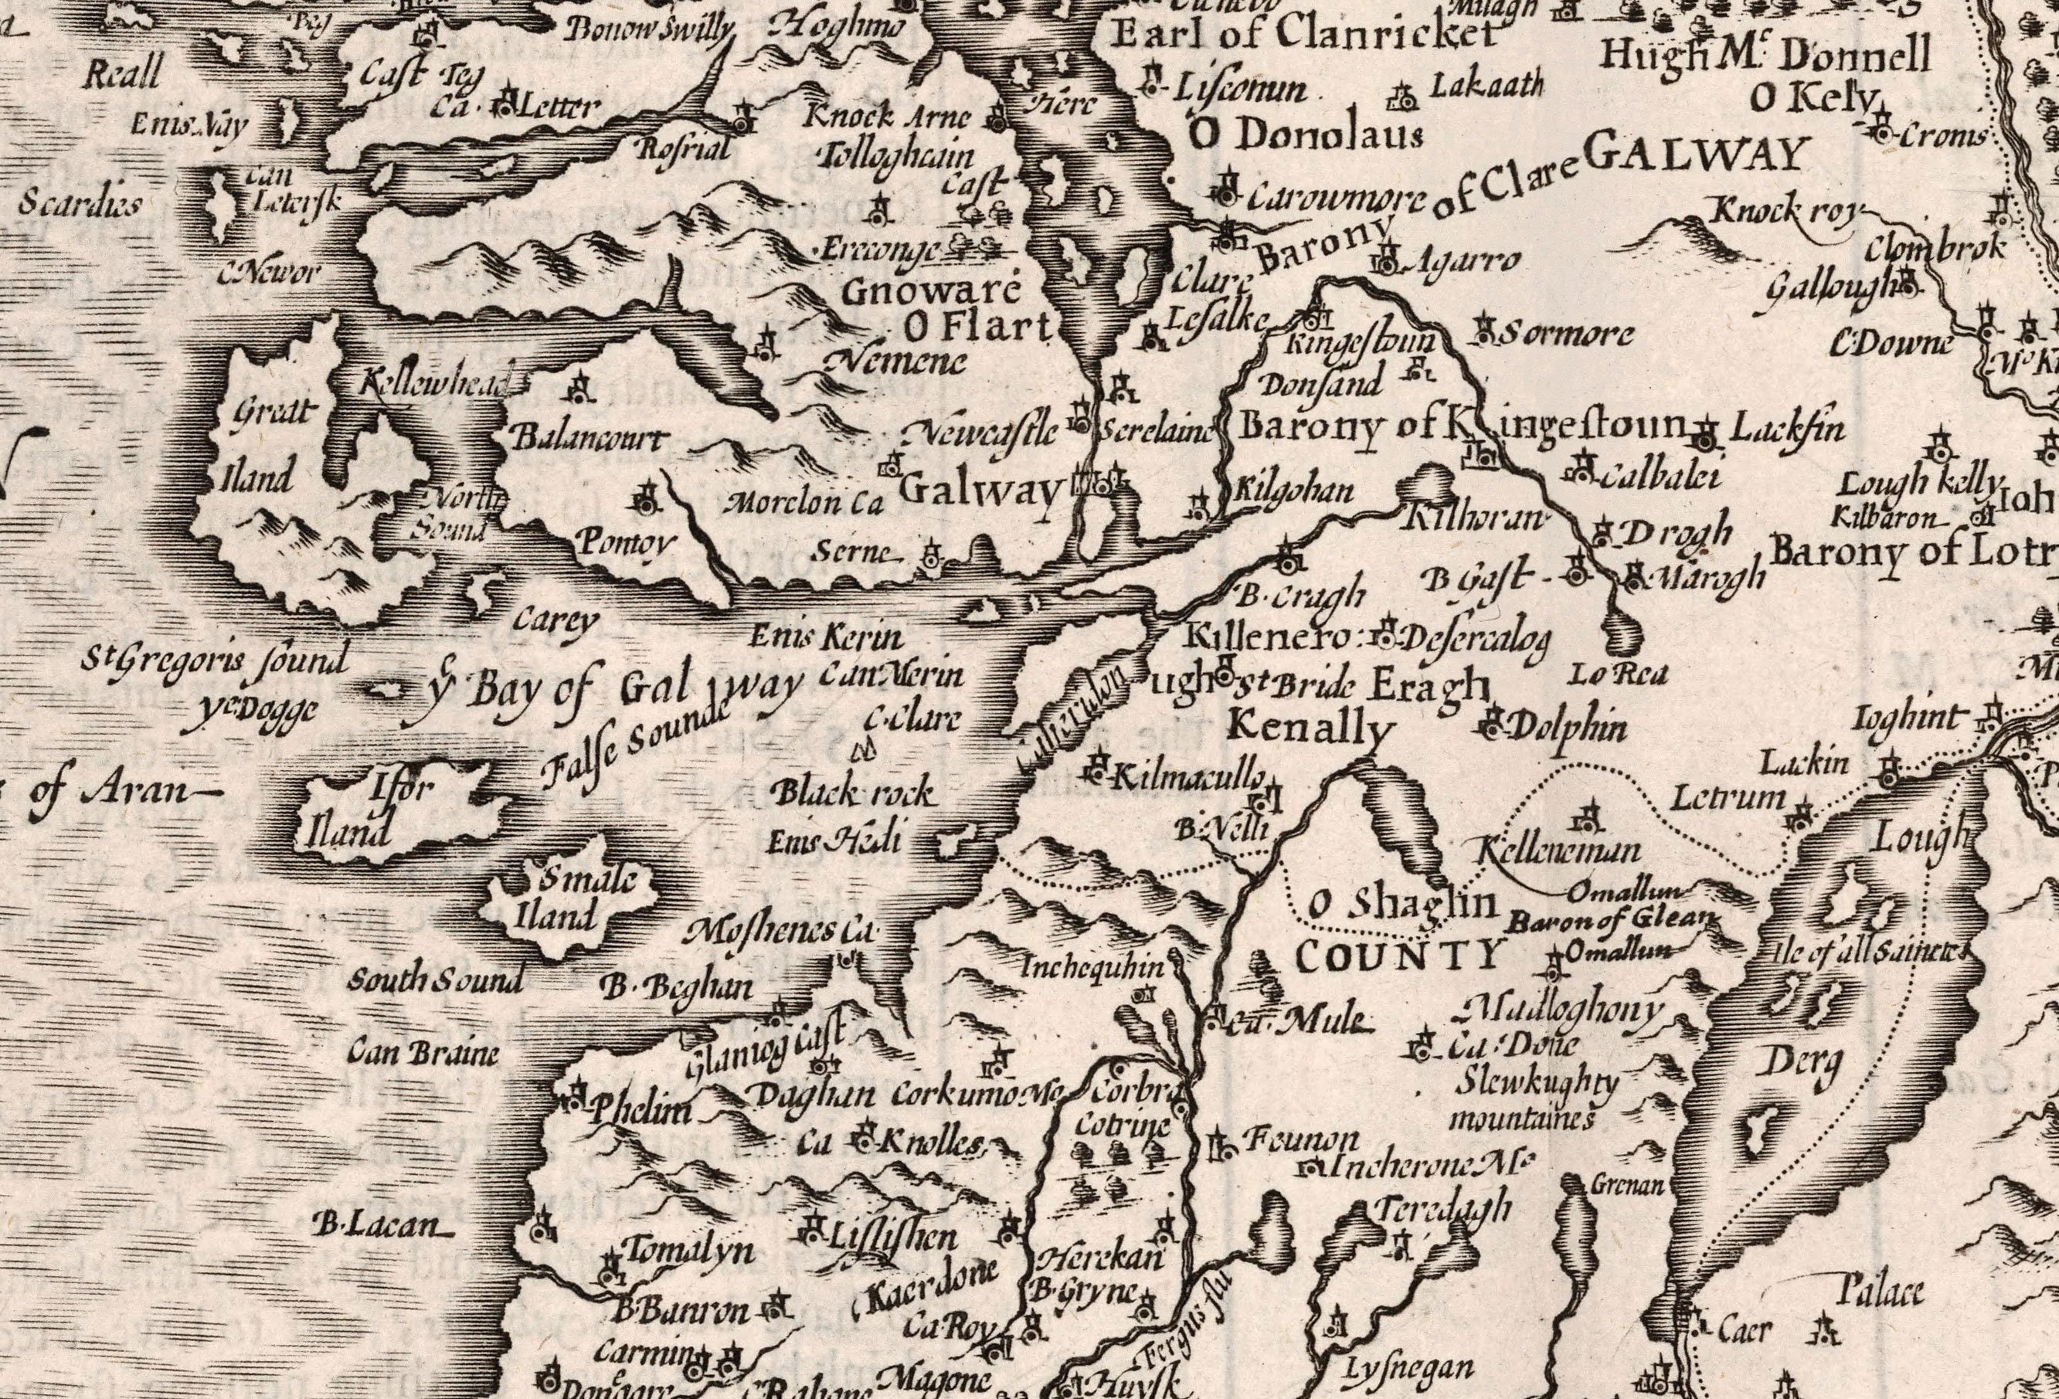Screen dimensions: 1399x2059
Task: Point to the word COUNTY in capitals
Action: (1399, 955)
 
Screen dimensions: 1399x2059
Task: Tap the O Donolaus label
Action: (1306, 134)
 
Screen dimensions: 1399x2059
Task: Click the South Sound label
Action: (434, 982)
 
